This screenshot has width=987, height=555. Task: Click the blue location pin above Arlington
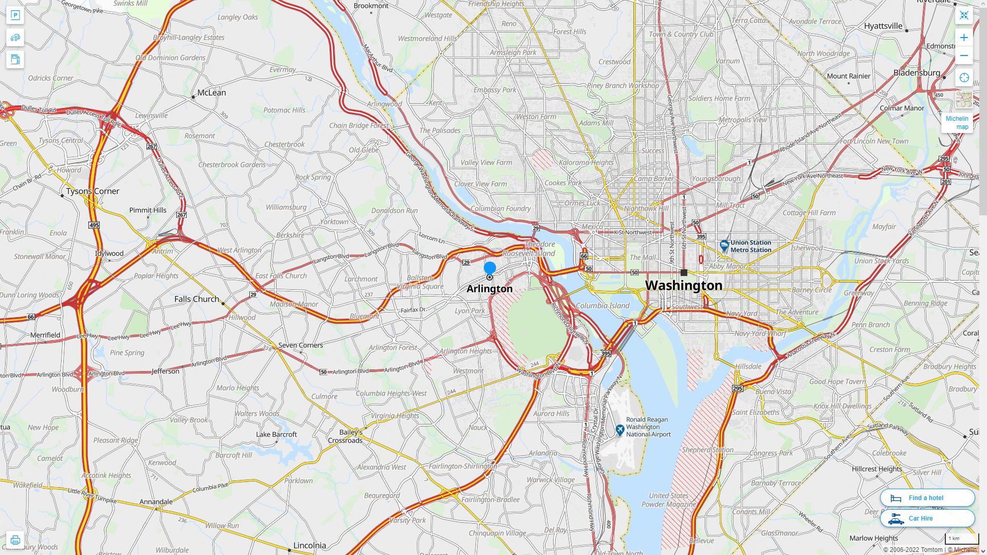point(489,268)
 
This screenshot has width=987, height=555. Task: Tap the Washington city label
point(683,285)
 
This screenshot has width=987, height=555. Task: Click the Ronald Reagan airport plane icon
point(620,430)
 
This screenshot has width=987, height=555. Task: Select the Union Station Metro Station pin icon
point(724,246)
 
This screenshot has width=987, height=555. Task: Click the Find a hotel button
point(927,497)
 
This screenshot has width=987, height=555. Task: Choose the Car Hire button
point(927,518)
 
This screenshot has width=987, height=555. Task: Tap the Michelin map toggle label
point(957,122)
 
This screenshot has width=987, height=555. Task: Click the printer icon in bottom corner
point(15,540)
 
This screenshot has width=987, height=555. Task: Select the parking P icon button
point(15,15)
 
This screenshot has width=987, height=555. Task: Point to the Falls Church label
point(196,299)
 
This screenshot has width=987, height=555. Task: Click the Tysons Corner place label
point(93,191)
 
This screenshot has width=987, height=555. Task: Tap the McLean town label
point(211,92)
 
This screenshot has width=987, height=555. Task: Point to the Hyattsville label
point(883,26)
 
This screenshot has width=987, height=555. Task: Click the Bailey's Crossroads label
point(345,436)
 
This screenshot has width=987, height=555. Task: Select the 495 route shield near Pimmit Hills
point(94,225)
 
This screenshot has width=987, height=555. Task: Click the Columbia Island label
point(602,305)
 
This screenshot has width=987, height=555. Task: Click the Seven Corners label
point(300,345)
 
